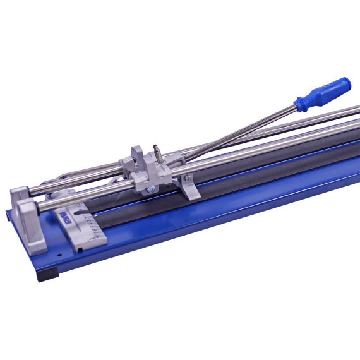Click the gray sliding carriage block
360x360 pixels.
tap(148, 171)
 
